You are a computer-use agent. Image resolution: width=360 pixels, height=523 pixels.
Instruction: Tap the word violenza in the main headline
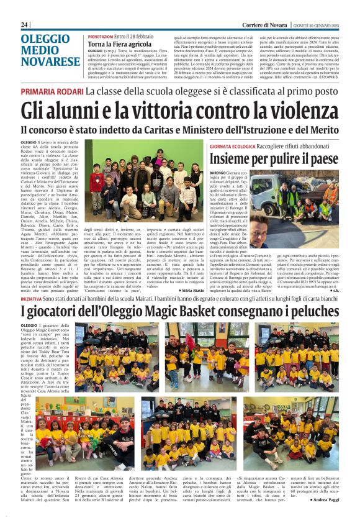coord(293,111)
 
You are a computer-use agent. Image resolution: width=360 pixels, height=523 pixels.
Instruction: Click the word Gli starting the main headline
coord(34,111)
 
